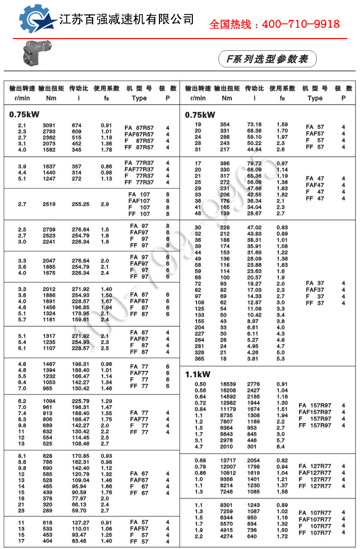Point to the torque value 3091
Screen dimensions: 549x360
pos(49,125)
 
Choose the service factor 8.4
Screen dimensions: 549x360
pos(281,447)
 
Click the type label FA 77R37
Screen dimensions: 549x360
pos(139,163)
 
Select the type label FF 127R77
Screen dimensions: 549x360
pos(315,486)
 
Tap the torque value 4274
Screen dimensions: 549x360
pos(227,537)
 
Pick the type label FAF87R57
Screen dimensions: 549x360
pos(139,134)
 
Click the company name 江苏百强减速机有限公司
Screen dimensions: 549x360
pos(127,20)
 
